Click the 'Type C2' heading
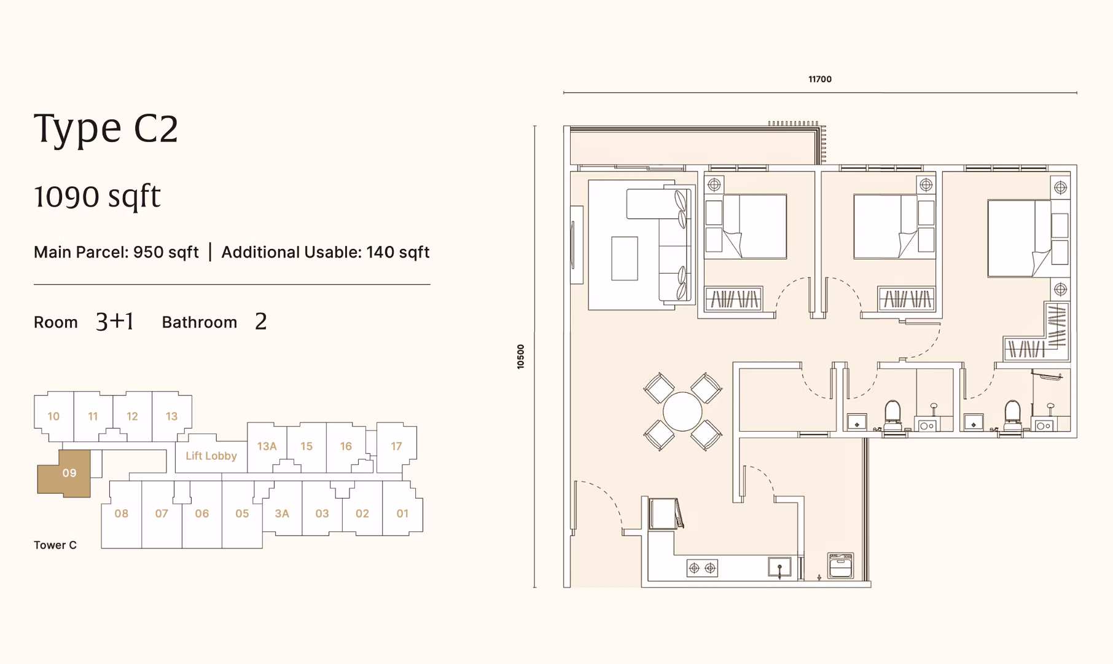[x=106, y=129]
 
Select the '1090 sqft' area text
[x=97, y=197]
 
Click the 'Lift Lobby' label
[x=211, y=456]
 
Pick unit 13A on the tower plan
[x=267, y=446]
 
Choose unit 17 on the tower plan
[x=396, y=446]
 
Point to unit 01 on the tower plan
[x=402, y=513]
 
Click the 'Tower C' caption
[x=55, y=545]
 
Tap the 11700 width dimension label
[x=820, y=79]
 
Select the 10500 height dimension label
[x=521, y=357]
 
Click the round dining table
[x=682, y=412]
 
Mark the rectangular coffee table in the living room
[x=625, y=258]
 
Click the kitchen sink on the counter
[x=779, y=567]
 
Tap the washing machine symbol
[x=840, y=566]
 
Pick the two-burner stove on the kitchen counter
[x=702, y=568]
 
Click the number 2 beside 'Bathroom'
[x=261, y=322]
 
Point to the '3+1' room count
[x=115, y=322]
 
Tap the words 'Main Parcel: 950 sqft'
[x=116, y=252]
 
